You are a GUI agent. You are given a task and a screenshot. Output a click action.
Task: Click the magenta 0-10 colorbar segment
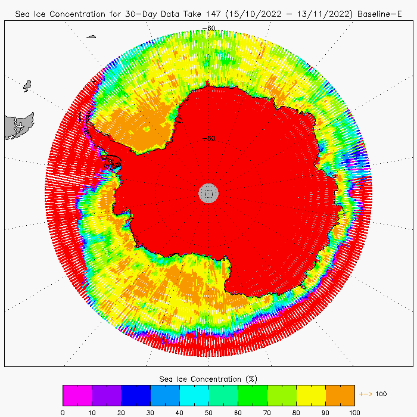click(x=77, y=395)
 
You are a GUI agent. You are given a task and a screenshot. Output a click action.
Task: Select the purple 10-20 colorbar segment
click(x=106, y=395)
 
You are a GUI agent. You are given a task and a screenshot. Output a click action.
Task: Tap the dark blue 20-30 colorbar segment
click(x=135, y=395)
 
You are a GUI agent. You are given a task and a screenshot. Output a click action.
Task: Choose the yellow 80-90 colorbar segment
click(x=310, y=395)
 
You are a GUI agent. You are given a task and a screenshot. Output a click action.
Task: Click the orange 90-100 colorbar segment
click(x=340, y=395)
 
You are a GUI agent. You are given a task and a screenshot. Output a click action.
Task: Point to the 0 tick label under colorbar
click(x=63, y=411)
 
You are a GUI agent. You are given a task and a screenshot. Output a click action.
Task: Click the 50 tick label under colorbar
click(x=208, y=411)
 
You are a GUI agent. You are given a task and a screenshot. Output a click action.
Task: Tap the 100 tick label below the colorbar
click(x=354, y=411)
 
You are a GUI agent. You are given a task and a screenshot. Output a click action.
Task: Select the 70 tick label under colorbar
click(x=267, y=411)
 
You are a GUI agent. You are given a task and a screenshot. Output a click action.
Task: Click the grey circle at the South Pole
click(x=208, y=192)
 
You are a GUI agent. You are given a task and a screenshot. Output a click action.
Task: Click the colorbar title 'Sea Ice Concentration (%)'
click(x=208, y=379)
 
